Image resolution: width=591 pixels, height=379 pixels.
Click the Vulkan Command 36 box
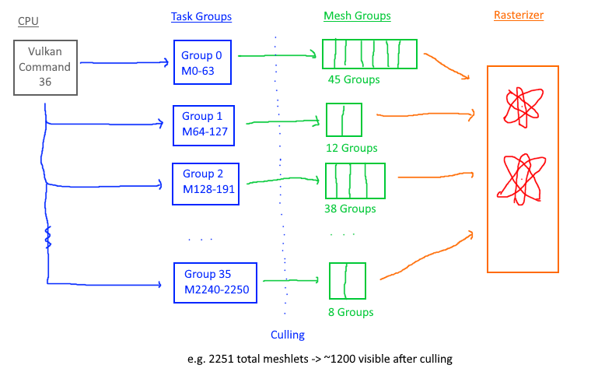coord(45,68)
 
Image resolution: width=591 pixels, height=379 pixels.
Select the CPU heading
coord(27,21)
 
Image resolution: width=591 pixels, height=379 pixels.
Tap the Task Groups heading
coord(201,16)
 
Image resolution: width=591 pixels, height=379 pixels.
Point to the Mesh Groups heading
coord(357,16)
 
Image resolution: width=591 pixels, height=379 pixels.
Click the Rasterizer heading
coord(520,16)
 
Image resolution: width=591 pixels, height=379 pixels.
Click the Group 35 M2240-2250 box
coord(214,282)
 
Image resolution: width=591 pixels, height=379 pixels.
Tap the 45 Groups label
coord(354,79)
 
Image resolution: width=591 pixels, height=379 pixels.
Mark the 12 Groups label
coord(351,148)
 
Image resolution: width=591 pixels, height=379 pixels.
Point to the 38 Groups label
coord(350,209)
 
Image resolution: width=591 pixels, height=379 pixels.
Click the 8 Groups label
coord(350,312)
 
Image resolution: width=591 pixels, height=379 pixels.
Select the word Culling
coord(287,335)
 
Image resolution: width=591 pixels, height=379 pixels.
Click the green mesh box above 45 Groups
coord(370,54)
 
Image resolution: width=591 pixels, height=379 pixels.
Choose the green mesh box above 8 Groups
coord(348,280)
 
